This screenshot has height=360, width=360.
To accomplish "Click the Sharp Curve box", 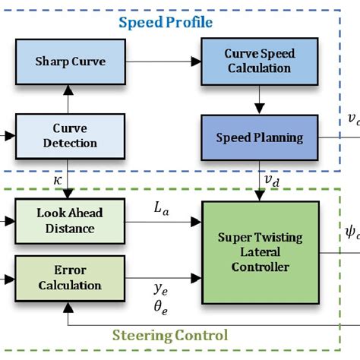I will point(69,60).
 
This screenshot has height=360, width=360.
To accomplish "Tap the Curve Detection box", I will point(69,136).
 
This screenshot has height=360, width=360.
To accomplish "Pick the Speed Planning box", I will point(259,137).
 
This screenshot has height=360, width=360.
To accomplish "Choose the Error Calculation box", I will point(69,278).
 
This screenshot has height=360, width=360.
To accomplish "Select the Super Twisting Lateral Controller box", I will point(261,253).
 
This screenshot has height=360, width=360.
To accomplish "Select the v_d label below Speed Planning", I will point(271,181).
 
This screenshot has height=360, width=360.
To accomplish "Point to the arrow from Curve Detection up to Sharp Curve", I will point(69,99).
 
